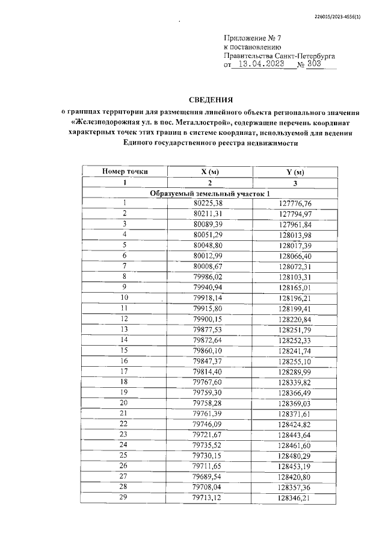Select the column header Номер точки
(125, 172)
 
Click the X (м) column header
(210, 172)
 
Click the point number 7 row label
(125, 266)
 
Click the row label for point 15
(125, 350)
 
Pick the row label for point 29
(125, 499)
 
